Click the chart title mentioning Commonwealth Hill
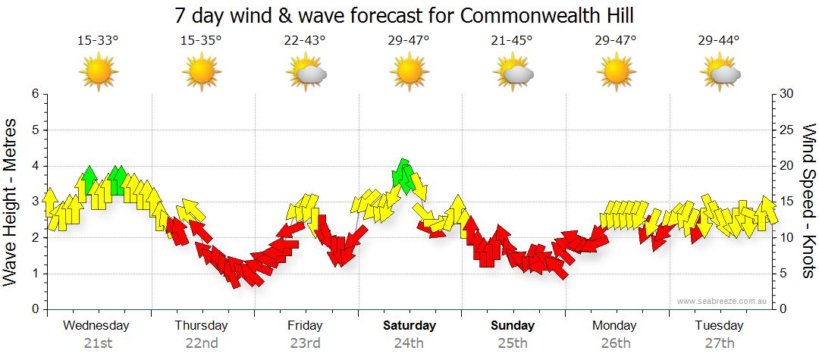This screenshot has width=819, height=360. click(x=404, y=15)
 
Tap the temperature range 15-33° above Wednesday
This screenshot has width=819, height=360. click(x=98, y=41)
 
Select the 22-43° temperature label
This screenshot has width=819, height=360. click(x=305, y=41)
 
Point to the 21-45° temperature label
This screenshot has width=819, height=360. click(x=512, y=41)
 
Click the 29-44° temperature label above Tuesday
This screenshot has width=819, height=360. click(x=719, y=41)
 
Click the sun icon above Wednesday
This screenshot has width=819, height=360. click(x=99, y=72)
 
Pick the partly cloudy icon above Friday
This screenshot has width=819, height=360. click(x=306, y=72)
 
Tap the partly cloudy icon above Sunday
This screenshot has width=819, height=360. click(x=513, y=72)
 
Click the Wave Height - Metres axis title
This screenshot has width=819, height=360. click(x=11, y=202)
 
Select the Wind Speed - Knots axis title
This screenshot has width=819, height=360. click(x=808, y=202)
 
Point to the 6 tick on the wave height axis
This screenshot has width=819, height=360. click(x=34, y=94)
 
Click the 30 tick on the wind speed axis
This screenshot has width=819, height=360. click(x=786, y=94)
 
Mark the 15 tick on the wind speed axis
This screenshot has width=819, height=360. click(x=786, y=202)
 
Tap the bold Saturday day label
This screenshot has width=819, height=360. click(x=409, y=326)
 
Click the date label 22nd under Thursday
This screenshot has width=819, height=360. click(x=201, y=343)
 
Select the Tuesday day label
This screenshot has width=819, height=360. click(x=719, y=326)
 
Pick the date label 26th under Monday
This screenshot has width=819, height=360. click(x=615, y=343)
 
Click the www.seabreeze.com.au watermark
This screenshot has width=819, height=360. click(x=723, y=301)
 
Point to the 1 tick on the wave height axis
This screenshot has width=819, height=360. click(x=34, y=274)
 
